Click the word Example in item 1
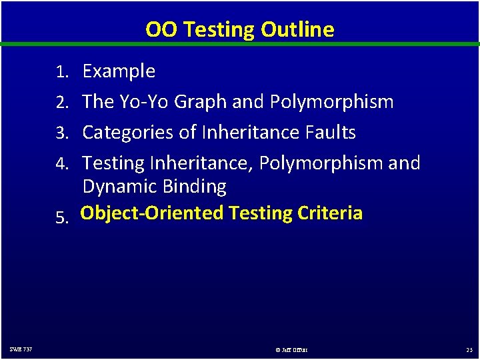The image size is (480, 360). (119, 71)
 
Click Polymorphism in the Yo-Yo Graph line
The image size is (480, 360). (331, 102)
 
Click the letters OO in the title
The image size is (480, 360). (159, 29)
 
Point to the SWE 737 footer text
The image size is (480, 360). (21, 349)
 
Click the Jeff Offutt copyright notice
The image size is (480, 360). (291, 349)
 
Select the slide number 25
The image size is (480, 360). (469, 349)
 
